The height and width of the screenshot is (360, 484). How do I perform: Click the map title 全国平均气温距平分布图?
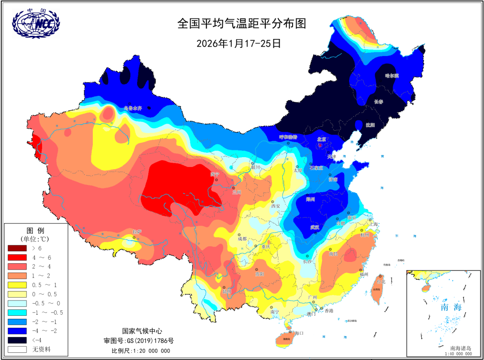(242, 24)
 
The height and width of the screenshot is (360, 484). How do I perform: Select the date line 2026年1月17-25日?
(238, 43)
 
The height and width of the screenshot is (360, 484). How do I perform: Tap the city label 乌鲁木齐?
(134, 108)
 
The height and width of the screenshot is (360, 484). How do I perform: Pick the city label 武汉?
(315, 227)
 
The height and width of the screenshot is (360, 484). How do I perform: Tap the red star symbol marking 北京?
(320, 146)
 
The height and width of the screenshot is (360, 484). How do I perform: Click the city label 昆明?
(227, 291)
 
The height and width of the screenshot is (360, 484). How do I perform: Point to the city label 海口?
(299, 333)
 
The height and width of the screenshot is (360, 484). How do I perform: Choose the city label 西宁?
(215, 174)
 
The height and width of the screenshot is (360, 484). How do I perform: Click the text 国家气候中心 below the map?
(141, 331)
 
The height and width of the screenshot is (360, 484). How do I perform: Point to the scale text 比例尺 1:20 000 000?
(141, 351)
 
